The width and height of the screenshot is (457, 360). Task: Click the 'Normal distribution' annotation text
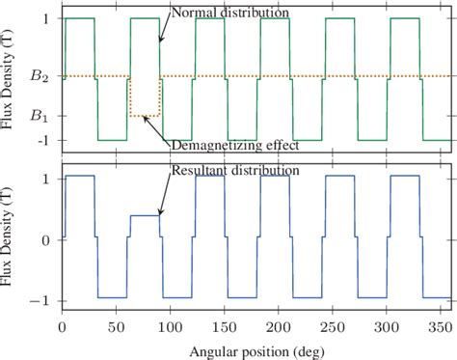229,14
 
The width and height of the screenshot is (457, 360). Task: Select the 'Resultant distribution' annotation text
236,170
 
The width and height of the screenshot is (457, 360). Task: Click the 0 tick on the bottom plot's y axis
46,238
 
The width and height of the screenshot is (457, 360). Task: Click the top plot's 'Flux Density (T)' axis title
12,79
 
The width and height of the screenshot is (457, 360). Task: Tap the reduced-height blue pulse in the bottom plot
144,215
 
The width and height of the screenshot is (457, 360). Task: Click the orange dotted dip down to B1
144,116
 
